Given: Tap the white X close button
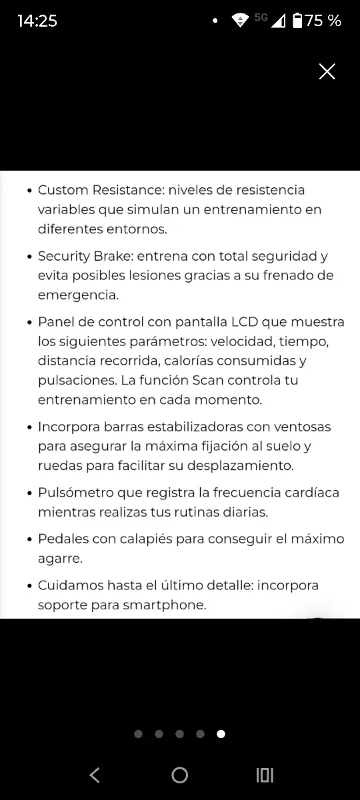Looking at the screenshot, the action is coord(327,72).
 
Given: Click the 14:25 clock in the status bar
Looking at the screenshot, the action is coord(37,21).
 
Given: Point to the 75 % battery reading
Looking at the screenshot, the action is coord(323,21).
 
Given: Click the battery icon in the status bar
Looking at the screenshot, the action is coord(297,21).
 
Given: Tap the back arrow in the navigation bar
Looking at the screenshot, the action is coord(95,775).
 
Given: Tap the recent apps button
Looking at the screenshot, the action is coord(265,775).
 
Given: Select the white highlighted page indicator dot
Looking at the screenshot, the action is coord(221,734).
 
